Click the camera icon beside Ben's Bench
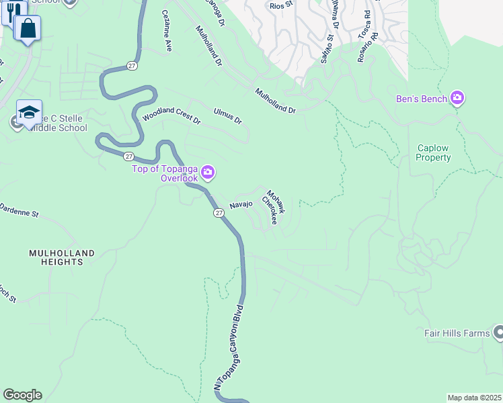point(458,99)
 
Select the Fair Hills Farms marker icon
point(498,332)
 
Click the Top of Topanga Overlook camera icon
point(208,173)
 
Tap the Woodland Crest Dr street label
point(171,116)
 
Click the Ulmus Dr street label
point(227,116)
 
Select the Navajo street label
point(241,204)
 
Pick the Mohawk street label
point(276,201)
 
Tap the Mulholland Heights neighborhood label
point(61,257)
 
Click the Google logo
point(22,395)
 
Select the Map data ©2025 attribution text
point(474,398)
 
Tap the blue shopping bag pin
point(28,29)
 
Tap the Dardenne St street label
point(20,212)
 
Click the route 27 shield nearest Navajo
point(219,212)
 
